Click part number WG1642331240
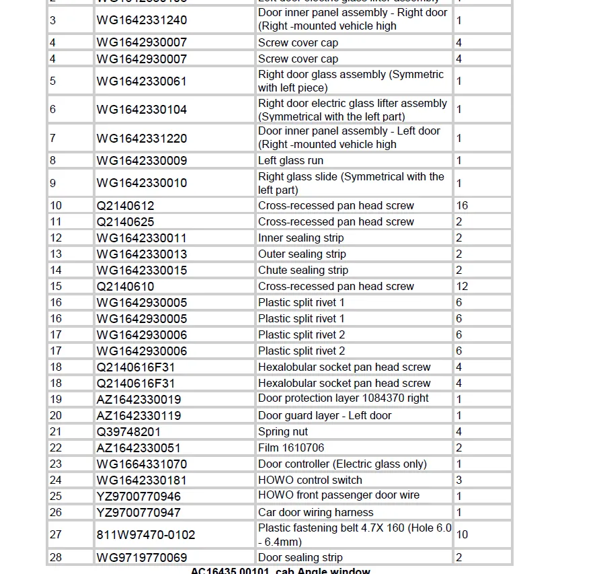click(x=142, y=20)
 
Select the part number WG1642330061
click(x=142, y=81)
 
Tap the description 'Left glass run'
click(x=290, y=161)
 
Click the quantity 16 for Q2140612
click(x=462, y=206)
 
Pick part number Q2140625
click(x=125, y=222)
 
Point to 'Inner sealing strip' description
click(x=299, y=238)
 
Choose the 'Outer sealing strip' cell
click(x=302, y=254)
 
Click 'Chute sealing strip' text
click(x=303, y=271)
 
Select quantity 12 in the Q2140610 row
click(x=462, y=287)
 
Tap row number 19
click(x=56, y=400)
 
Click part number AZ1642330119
click(x=138, y=416)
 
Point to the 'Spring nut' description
click(x=283, y=432)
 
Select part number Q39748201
click(x=128, y=432)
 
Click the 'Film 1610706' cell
click(x=291, y=448)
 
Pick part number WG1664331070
click(x=142, y=464)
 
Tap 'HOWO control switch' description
click(x=310, y=480)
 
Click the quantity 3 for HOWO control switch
click(x=459, y=480)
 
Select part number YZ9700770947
click(x=138, y=513)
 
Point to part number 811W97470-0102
click(x=146, y=535)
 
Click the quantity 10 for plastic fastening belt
click(x=462, y=535)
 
